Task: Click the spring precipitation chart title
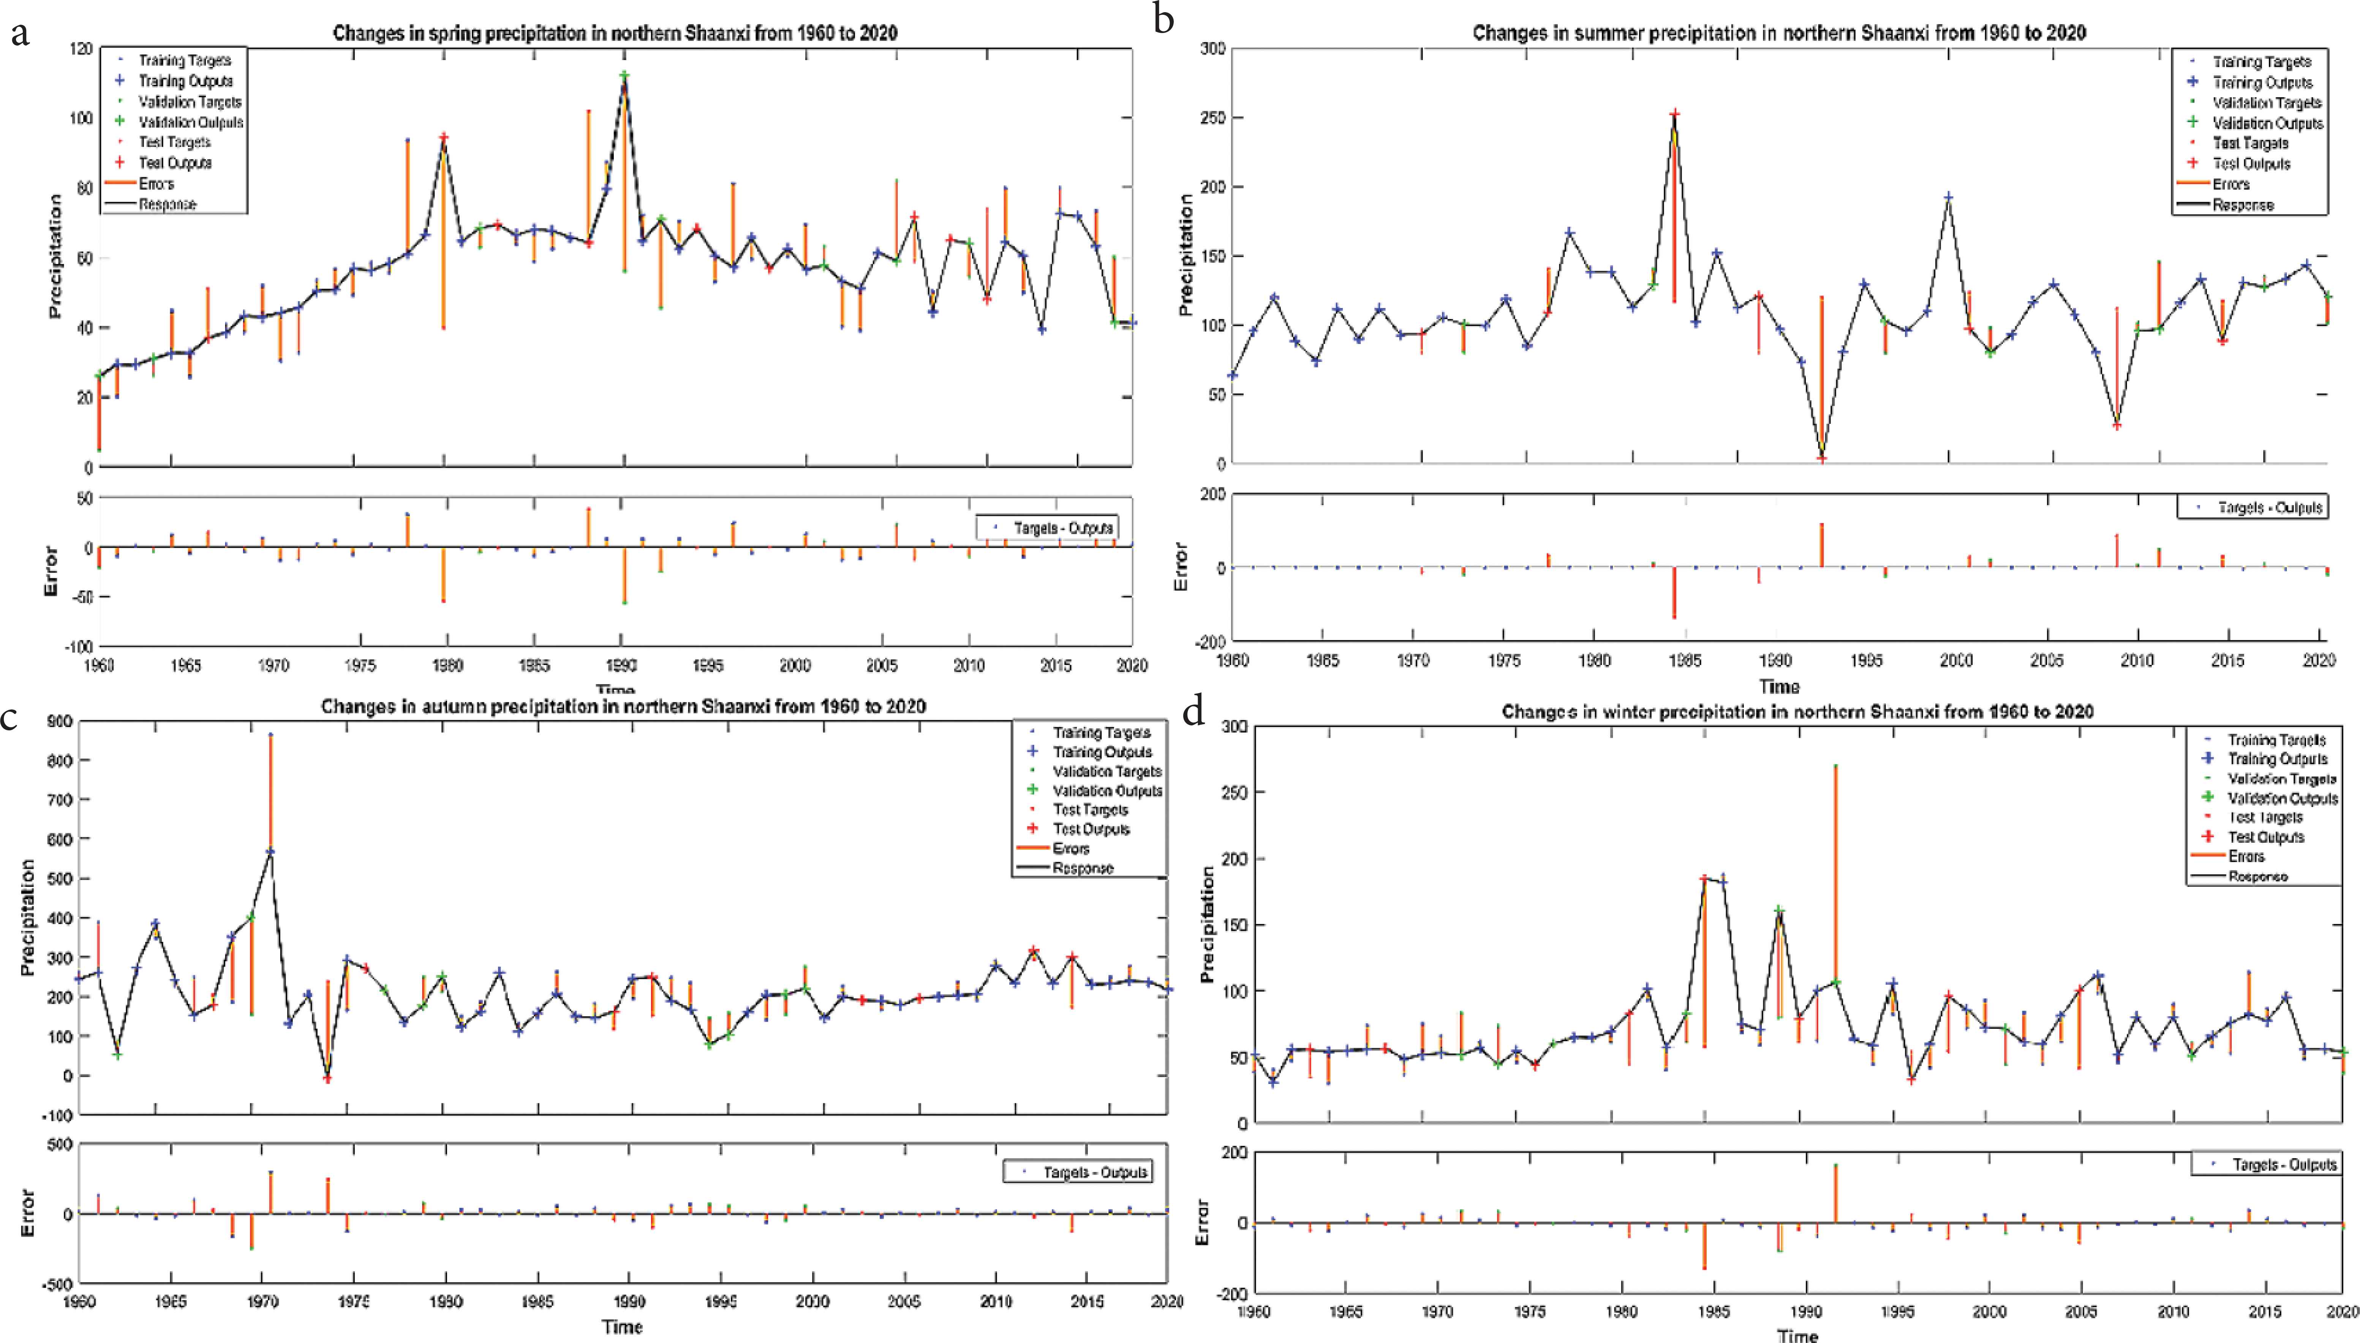click(x=615, y=33)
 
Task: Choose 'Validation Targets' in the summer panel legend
click(x=2266, y=103)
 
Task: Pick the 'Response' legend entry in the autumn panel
click(x=1082, y=868)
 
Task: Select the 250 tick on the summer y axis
click(x=1213, y=118)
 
